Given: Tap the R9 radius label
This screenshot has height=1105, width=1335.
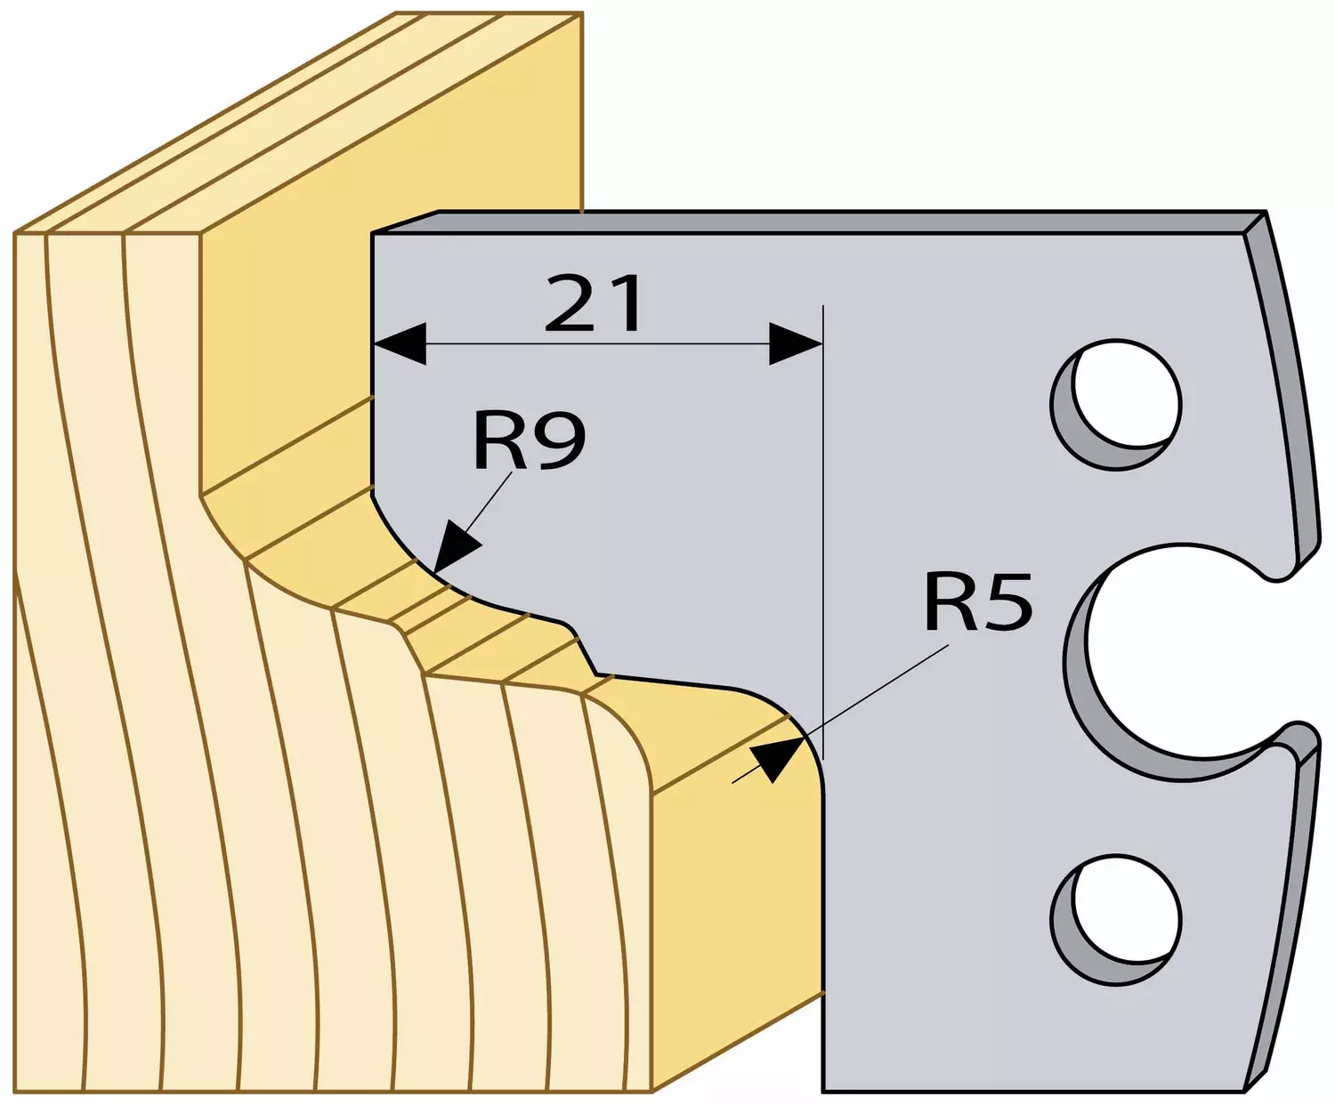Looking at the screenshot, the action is pyautogui.click(x=530, y=440).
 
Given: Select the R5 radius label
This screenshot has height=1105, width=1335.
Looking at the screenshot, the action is pyautogui.click(x=977, y=602).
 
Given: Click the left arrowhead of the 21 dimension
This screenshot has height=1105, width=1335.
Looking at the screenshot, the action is pyautogui.click(x=400, y=343).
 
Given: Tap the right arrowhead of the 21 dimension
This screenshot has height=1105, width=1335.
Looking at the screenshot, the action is pyautogui.click(x=796, y=343).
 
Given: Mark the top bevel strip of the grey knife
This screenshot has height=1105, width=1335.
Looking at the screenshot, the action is pyautogui.click(x=819, y=222).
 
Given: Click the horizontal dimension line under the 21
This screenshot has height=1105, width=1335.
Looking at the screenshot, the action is pyautogui.click(x=598, y=343).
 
